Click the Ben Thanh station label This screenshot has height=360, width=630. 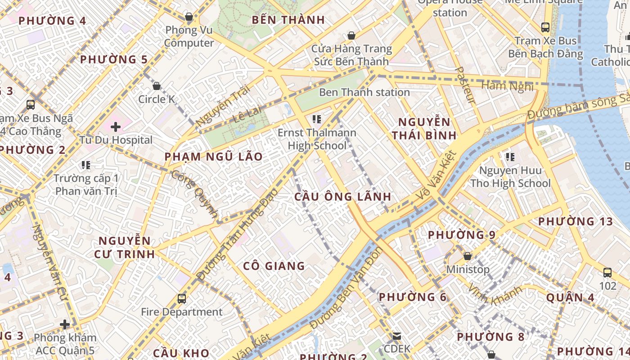(364, 92)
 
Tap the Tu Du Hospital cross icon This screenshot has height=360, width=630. (116, 127)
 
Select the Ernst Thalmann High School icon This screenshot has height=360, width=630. (317, 119)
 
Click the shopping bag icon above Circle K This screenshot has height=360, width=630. (157, 85)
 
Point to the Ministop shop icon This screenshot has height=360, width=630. (468, 256)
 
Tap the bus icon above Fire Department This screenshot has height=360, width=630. (182, 298)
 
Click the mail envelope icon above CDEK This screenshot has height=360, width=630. (397, 336)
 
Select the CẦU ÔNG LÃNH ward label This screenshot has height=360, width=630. (343, 197)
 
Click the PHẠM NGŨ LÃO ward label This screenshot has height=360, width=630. (213, 157)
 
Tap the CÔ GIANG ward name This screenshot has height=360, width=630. (274, 266)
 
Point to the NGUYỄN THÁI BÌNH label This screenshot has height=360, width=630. (424, 128)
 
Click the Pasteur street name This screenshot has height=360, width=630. (465, 85)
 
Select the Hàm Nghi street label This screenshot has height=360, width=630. (507, 86)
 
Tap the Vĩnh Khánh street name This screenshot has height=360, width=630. (495, 295)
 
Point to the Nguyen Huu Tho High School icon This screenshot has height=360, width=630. (510, 157)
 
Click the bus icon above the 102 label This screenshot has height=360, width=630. (607, 273)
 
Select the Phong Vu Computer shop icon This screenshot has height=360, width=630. (189, 17)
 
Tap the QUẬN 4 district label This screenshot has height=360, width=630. (570, 297)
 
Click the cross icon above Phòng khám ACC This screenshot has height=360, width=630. (65, 324)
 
